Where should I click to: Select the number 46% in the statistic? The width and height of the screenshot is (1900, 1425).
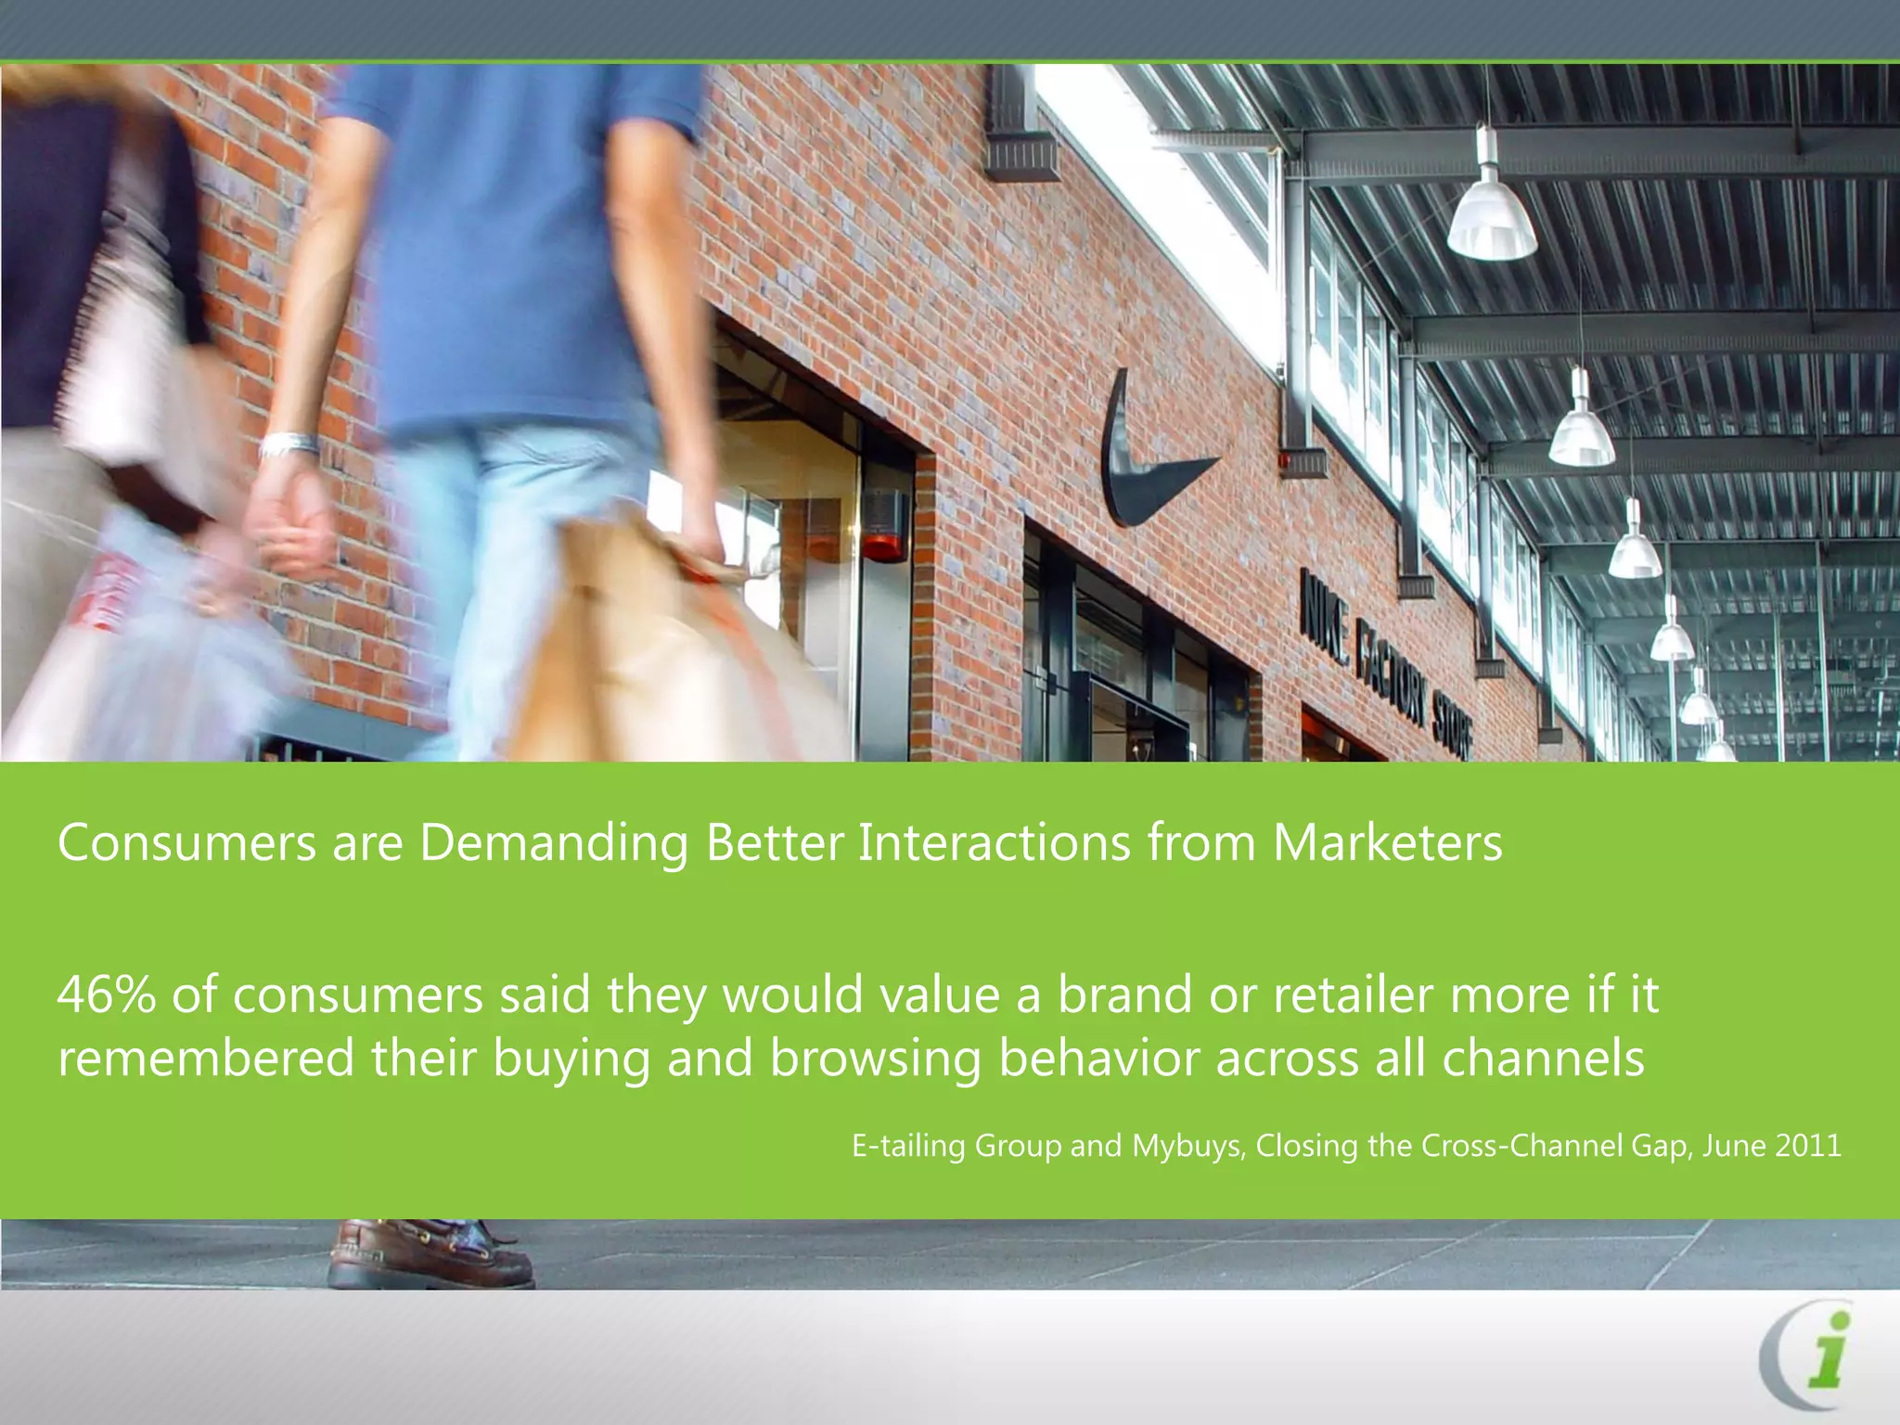(x=106, y=995)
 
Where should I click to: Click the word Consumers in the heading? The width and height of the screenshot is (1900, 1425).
(x=186, y=843)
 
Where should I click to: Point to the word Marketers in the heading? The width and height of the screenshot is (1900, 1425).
(x=1387, y=843)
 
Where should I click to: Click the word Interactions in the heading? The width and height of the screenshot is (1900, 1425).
(x=994, y=843)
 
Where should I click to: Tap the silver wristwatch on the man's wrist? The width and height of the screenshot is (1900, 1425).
(x=289, y=445)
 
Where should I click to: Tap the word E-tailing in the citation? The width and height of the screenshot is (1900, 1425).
(x=908, y=1147)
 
